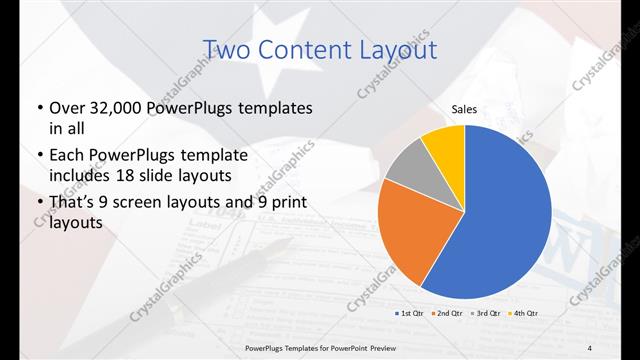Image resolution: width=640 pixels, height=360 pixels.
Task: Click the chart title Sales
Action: pos(464,110)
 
